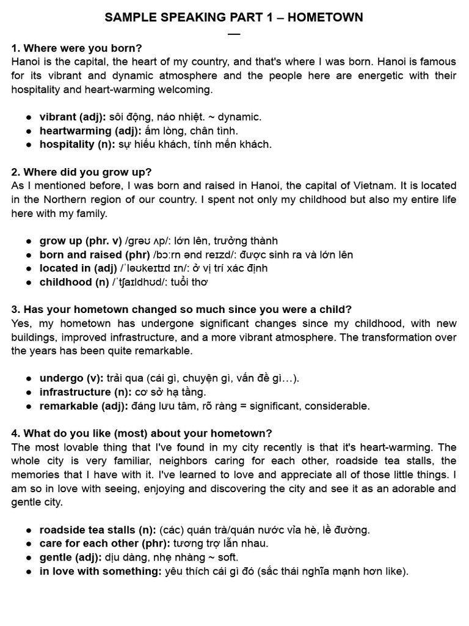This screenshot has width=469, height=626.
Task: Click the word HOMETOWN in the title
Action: pos(325,18)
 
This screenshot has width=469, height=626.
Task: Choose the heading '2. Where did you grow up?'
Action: pos(82,172)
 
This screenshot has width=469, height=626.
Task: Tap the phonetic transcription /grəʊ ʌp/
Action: pos(150,241)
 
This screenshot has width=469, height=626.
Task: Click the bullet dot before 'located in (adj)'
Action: pos(29,268)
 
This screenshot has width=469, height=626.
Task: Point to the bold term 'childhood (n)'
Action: pos(75,282)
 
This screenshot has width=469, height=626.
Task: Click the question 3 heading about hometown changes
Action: pos(181,309)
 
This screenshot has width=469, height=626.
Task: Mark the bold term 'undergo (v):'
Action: pos(71,378)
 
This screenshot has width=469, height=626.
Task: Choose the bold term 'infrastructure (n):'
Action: pos(85,392)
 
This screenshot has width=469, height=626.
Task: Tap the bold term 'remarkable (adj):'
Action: pos(84,406)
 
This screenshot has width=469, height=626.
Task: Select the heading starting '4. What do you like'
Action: pos(142,433)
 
